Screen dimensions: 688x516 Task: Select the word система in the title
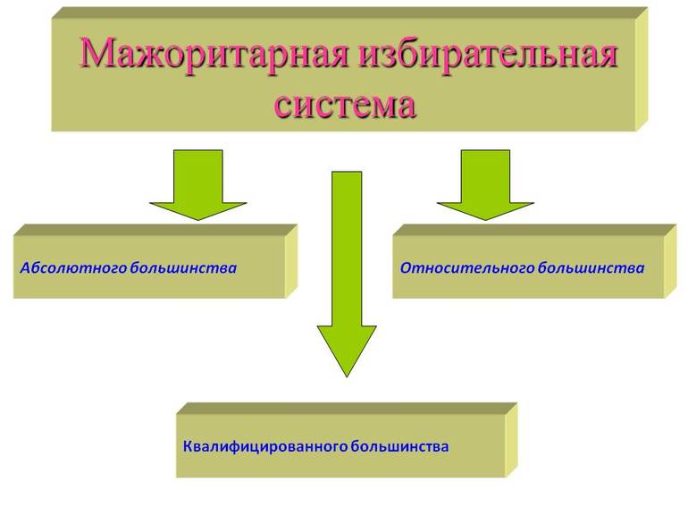coord(345,105)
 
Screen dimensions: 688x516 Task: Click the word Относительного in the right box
coord(466,268)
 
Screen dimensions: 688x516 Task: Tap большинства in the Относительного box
coord(591,268)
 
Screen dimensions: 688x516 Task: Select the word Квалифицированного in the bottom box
coord(265,446)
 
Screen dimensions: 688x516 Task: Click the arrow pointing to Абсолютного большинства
coord(198,185)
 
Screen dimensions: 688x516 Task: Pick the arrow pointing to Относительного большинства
coord(486,185)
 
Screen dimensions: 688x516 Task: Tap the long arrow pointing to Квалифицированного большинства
coord(347,274)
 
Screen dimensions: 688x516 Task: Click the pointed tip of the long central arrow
coord(347,376)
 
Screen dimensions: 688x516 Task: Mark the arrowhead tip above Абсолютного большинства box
coord(198,220)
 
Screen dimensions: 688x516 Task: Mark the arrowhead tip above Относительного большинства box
coord(486,220)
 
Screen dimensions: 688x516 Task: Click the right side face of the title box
coord(642,70)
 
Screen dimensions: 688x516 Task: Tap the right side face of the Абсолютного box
coord(291,262)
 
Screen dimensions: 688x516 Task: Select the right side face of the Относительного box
coord(670,262)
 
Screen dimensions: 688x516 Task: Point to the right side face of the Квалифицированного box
coord(511,441)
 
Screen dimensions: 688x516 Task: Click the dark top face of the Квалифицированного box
coord(347,409)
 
